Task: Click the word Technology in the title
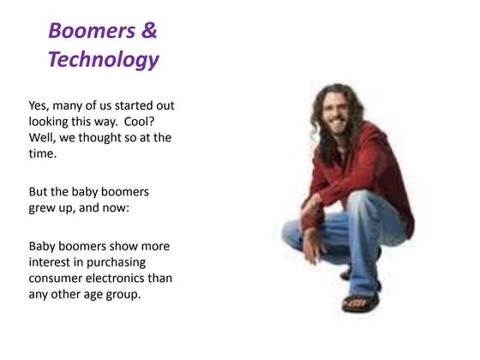coord(103,60)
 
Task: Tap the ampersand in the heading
coord(147,31)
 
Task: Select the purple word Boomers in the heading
coord(91,31)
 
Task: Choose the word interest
coord(53,262)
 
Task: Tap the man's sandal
coord(359,302)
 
